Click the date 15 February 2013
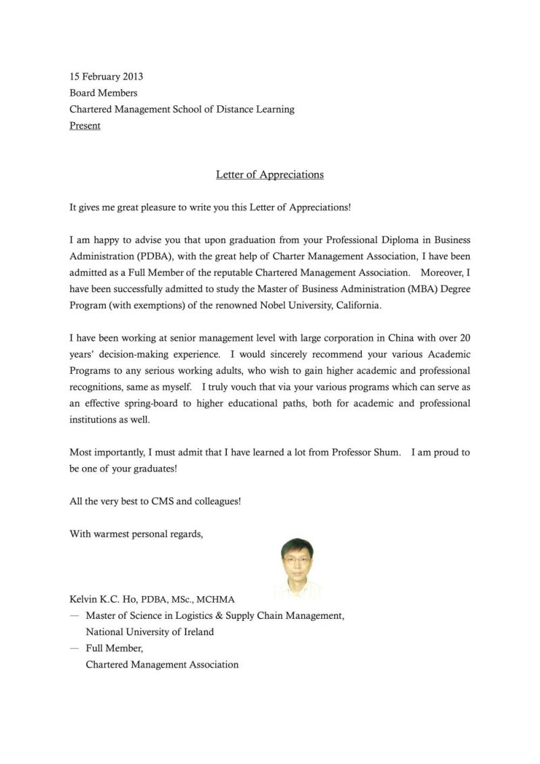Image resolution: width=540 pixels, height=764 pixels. coord(106,76)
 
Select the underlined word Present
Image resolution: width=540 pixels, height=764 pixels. coord(85,126)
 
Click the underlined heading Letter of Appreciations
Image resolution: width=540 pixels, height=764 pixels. coord(269,175)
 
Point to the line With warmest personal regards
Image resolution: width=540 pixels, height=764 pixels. coord(136,534)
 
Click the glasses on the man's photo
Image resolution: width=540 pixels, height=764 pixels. coord(297,560)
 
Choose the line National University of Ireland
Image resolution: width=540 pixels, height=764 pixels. coord(149,632)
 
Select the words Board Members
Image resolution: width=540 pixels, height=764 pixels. coord(103,93)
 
